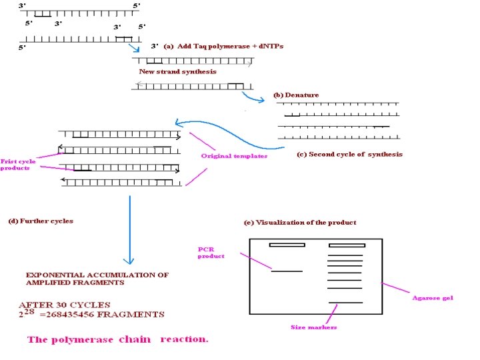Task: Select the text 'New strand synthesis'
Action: (177, 71)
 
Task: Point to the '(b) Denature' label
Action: (296, 95)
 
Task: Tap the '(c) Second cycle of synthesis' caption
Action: (349, 154)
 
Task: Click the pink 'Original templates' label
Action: (234, 156)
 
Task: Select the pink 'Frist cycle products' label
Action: (18, 165)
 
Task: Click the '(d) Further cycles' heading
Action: (41, 221)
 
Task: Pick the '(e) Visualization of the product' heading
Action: (300, 222)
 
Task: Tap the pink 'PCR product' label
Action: (211, 252)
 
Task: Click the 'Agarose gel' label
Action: (432, 298)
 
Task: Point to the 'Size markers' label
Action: (314, 327)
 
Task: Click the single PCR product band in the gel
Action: (287, 271)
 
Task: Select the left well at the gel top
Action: (287, 245)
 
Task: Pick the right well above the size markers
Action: (345, 245)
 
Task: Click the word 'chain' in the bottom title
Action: (136, 339)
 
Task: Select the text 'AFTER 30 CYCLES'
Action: (64, 305)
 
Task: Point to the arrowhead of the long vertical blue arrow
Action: (130, 261)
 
